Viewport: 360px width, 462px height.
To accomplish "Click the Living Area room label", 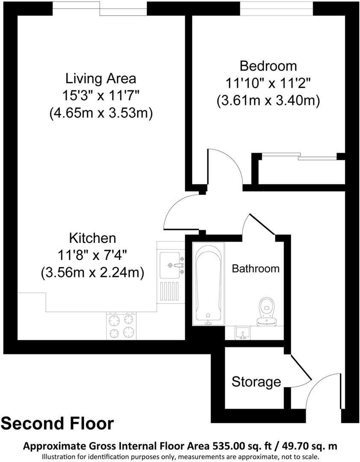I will pyautogui.click(x=100, y=79).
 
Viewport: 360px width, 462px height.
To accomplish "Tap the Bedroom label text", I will pyautogui.click(x=268, y=66).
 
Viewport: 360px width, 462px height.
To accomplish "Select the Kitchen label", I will pyautogui.click(x=92, y=238).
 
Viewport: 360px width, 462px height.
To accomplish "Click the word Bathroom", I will pyautogui.click(x=255, y=269).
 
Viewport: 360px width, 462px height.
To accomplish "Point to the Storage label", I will pyautogui.click(x=256, y=382).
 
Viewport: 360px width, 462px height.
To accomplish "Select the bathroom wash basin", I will pyautogui.click(x=244, y=332).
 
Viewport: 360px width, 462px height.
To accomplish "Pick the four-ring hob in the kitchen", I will pyautogui.click(x=121, y=326).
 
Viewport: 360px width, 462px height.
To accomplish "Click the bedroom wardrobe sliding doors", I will pyautogui.click(x=299, y=156).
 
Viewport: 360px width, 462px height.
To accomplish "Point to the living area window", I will pyautogui.click(x=100, y=9).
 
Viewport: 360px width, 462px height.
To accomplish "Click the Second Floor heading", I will pyautogui.click(x=58, y=423).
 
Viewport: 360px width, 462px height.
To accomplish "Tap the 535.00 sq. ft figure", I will pyautogui.click(x=238, y=446).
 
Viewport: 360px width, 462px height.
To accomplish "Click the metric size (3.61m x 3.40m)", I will pyautogui.click(x=268, y=101).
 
